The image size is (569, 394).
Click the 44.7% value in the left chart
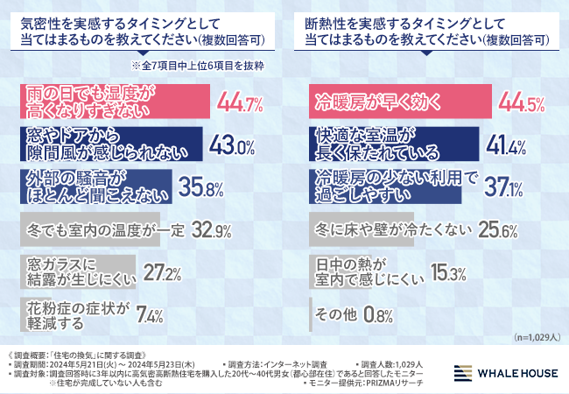pos(242,105)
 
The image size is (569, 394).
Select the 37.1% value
pos(499,188)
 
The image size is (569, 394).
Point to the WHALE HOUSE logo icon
pos(465,373)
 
